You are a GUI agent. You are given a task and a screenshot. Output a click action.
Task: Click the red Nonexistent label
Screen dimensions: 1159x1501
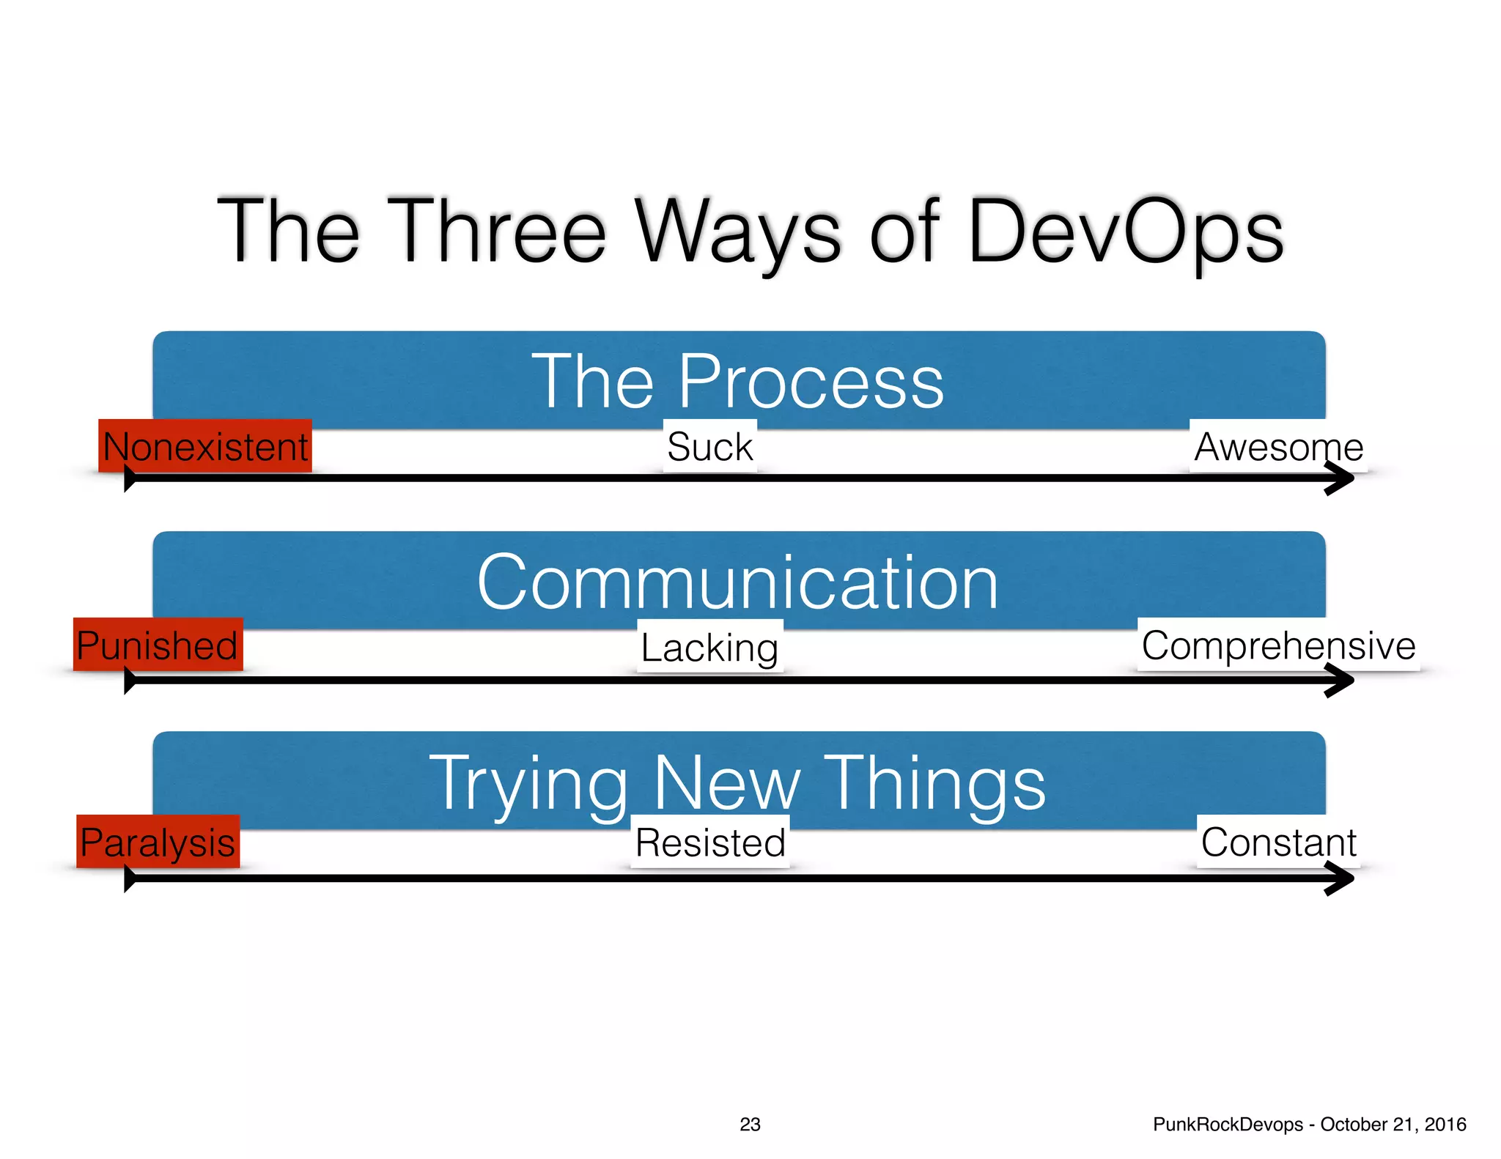click(x=205, y=446)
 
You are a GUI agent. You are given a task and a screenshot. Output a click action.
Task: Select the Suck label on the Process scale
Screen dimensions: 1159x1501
click(x=709, y=446)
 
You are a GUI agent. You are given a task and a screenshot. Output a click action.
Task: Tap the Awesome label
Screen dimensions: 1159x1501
click(x=1278, y=446)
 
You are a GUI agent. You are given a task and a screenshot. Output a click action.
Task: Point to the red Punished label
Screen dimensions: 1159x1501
click(x=158, y=645)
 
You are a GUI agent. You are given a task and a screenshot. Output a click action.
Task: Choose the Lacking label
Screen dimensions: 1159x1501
click(x=709, y=647)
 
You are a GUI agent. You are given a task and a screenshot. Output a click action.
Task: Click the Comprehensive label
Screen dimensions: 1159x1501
click(x=1278, y=645)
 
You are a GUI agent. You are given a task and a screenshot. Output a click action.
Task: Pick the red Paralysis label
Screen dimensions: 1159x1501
click(x=158, y=842)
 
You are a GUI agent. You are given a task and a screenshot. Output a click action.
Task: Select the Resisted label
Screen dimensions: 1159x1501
click(x=709, y=842)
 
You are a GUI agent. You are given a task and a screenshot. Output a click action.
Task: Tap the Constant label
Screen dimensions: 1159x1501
click(x=1278, y=842)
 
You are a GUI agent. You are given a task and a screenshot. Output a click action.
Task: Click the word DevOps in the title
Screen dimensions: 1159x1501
click(x=1125, y=231)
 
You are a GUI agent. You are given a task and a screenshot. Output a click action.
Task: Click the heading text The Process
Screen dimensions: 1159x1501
click(x=738, y=381)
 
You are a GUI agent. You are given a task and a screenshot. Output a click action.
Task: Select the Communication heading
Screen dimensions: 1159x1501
click(x=738, y=582)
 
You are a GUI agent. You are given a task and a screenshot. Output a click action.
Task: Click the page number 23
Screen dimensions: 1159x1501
click(x=750, y=1124)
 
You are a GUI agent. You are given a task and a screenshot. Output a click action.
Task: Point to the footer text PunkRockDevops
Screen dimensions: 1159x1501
click(x=1228, y=1124)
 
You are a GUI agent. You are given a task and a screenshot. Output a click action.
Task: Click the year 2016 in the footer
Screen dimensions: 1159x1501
click(x=1445, y=1124)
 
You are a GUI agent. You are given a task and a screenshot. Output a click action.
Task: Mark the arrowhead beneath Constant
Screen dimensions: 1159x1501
click(x=1341, y=878)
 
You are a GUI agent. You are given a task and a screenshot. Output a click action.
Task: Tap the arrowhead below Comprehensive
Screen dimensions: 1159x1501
click(x=1341, y=681)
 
